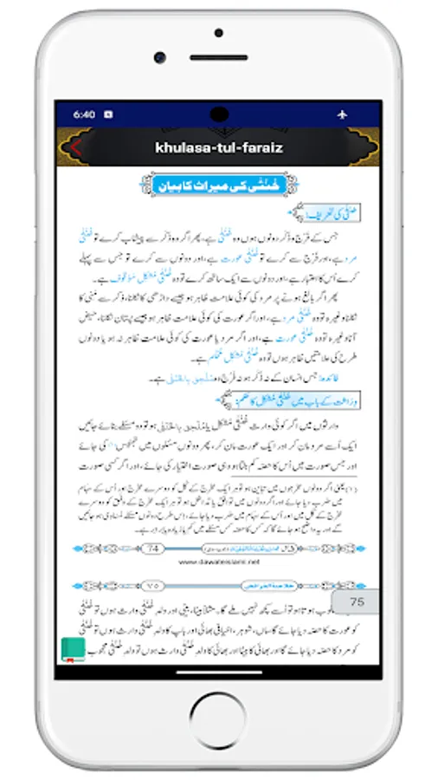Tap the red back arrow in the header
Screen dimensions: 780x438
(x=76, y=147)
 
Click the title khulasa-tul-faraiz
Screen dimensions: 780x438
(x=219, y=147)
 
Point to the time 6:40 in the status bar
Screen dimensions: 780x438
(x=84, y=114)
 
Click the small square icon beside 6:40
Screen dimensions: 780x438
(x=108, y=114)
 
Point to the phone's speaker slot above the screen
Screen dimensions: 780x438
(x=219, y=56)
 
